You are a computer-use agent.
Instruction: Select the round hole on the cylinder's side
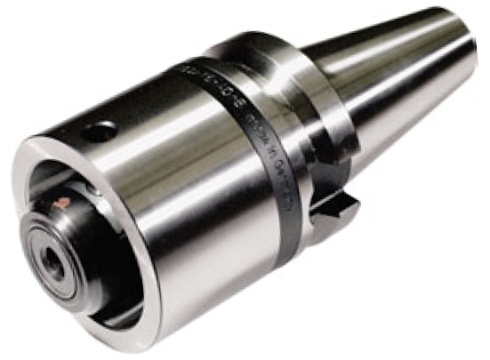coord(100,132)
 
